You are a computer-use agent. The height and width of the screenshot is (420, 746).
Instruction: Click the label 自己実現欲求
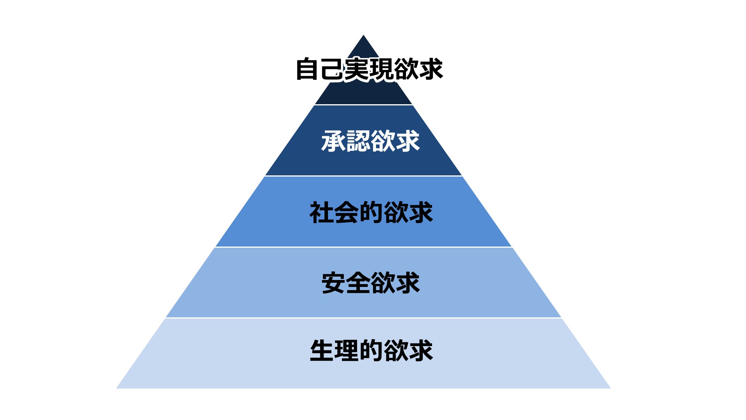(x=369, y=69)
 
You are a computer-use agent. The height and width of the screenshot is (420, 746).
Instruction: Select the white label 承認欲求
(x=370, y=141)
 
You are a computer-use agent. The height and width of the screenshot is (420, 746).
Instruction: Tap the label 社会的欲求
(x=371, y=212)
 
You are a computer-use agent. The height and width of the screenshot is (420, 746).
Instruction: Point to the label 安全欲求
(x=371, y=283)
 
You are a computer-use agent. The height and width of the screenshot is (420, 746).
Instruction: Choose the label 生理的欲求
(x=371, y=350)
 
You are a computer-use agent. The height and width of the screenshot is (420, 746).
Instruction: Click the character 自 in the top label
(x=308, y=69)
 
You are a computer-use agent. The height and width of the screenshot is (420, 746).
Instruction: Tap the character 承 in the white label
(x=333, y=141)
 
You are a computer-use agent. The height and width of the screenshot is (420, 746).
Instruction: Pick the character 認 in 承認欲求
(x=358, y=141)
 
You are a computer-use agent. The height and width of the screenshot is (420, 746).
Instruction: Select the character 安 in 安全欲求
(x=334, y=283)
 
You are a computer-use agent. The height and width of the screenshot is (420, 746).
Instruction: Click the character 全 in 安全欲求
(x=358, y=283)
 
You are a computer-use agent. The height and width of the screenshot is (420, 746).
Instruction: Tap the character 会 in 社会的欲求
(x=346, y=212)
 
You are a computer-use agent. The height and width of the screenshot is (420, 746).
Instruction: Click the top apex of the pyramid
(x=363, y=36)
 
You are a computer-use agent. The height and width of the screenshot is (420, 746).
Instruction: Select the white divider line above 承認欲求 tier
(x=363, y=105)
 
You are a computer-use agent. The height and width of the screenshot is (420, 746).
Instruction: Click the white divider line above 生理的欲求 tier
(x=363, y=318)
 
